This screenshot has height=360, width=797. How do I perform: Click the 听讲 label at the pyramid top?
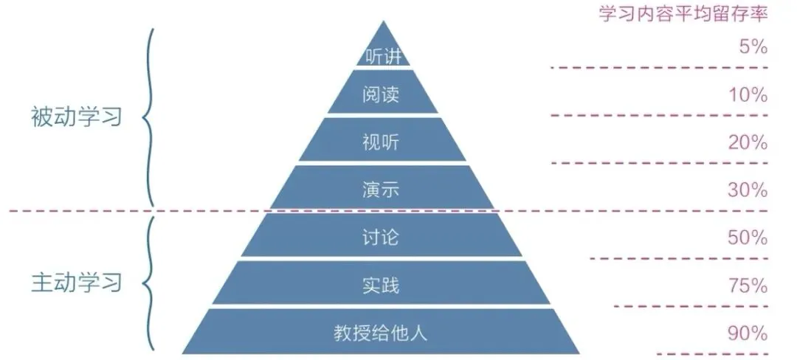(382, 56)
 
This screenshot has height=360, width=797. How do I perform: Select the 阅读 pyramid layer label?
(382, 95)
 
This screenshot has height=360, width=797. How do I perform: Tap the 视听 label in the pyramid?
(382, 141)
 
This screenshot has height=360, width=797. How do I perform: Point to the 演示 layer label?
(382, 190)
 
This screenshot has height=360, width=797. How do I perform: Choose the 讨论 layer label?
(382, 238)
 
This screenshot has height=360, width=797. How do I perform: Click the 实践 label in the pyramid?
(382, 285)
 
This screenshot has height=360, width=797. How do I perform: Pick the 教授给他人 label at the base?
(381, 333)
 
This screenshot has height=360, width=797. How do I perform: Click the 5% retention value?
(753, 47)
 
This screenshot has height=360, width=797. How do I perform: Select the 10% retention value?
(749, 95)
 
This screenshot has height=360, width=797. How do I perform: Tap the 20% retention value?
(749, 142)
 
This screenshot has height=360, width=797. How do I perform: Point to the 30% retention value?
(749, 190)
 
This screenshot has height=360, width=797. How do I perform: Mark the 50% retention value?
(749, 238)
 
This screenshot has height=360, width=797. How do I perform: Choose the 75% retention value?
(749, 285)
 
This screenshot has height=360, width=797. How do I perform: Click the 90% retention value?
(749, 333)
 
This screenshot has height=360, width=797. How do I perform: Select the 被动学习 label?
(76, 117)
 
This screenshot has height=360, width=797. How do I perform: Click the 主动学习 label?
(76, 283)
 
